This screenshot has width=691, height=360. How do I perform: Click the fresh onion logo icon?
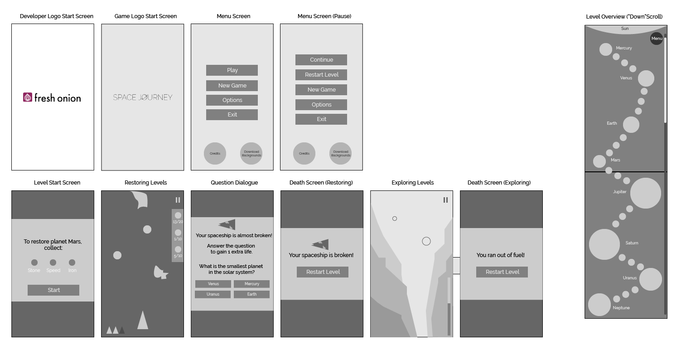tap(28, 97)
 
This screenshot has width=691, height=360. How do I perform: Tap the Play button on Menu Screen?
tap(232, 70)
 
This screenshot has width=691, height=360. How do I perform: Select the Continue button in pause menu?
tap(321, 60)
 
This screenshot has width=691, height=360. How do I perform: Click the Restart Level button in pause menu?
tap(321, 75)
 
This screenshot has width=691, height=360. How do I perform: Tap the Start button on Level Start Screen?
tap(53, 290)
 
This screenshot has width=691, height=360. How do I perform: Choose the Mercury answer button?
tap(251, 284)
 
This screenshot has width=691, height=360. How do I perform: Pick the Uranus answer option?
tap(213, 294)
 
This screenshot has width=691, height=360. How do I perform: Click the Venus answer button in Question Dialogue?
tap(213, 284)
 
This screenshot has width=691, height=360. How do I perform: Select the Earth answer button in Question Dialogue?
tap(251, 294)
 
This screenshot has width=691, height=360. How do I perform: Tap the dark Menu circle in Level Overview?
tap(657, 39)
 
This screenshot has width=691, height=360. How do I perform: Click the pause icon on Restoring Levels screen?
tap(178, 200)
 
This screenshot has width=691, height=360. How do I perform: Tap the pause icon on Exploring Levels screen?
tap(445, 200)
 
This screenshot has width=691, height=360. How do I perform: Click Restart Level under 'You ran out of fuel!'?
tap(502, 272)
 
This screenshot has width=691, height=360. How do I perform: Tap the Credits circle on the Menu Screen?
tap(215, 153)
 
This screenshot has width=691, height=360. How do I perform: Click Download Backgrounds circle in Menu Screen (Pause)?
tap(340, 153)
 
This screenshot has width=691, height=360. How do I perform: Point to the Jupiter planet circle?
tap(645, 193)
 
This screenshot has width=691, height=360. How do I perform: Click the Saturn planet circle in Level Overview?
tap(604, 244)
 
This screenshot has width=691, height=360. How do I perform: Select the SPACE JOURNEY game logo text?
tap(143, 97)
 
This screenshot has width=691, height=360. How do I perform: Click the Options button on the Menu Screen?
tap(232, 100)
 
